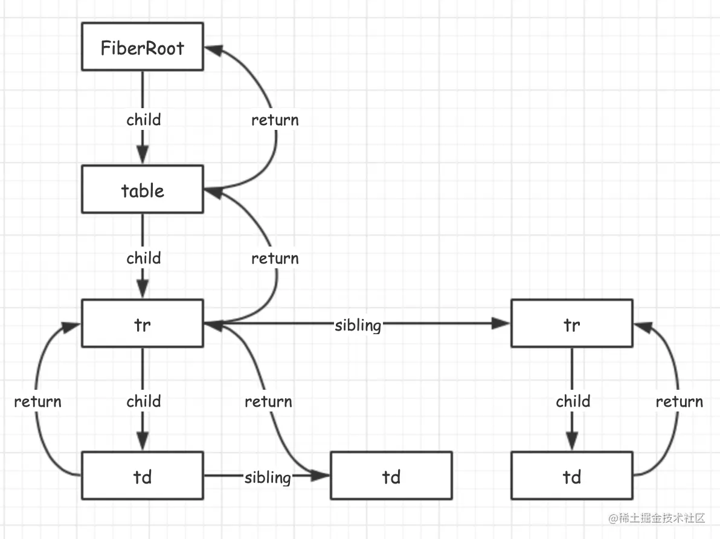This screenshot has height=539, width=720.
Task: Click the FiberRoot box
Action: click(x=142, y=48)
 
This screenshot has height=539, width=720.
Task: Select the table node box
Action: click(x=142, y=191)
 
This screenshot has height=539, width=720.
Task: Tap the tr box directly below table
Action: click(x=142, y=324)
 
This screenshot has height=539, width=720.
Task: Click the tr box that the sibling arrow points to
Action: click(x=571, y=324)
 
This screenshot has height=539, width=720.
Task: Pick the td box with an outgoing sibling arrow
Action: click(x=142, y=477)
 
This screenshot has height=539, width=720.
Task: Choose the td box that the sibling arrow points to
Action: click(x=391, y=477)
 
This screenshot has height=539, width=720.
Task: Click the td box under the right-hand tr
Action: click(x=571, y=477)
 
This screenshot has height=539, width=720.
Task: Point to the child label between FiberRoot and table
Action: click(x=144, y=120)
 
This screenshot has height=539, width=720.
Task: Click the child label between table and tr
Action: click(x=144, y=258)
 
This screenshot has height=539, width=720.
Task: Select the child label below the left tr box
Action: click(x=144, y=401)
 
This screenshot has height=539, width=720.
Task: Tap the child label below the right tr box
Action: click(x=573, y=401)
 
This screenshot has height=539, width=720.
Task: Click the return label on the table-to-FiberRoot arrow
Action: click(x=275, y=120)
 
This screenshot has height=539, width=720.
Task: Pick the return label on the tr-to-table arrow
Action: click(x=275, y=258)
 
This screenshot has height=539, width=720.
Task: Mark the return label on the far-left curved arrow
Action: click(x=37, y=401)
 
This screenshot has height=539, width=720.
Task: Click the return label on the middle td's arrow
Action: click(x=268, y=401)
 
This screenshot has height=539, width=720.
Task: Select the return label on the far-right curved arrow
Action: click(x=679, y=401)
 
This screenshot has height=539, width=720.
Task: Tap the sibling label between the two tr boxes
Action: click(x=358, y=325)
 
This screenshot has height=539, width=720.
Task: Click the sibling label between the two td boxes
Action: click(x=268, y=477)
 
